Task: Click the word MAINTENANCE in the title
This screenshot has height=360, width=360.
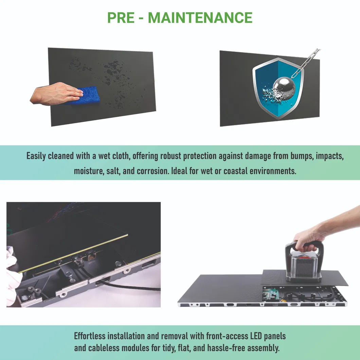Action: coord(200,17)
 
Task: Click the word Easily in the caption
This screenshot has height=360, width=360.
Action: coord(38,156)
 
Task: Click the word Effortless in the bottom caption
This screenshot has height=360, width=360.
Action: coord(90,336)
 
